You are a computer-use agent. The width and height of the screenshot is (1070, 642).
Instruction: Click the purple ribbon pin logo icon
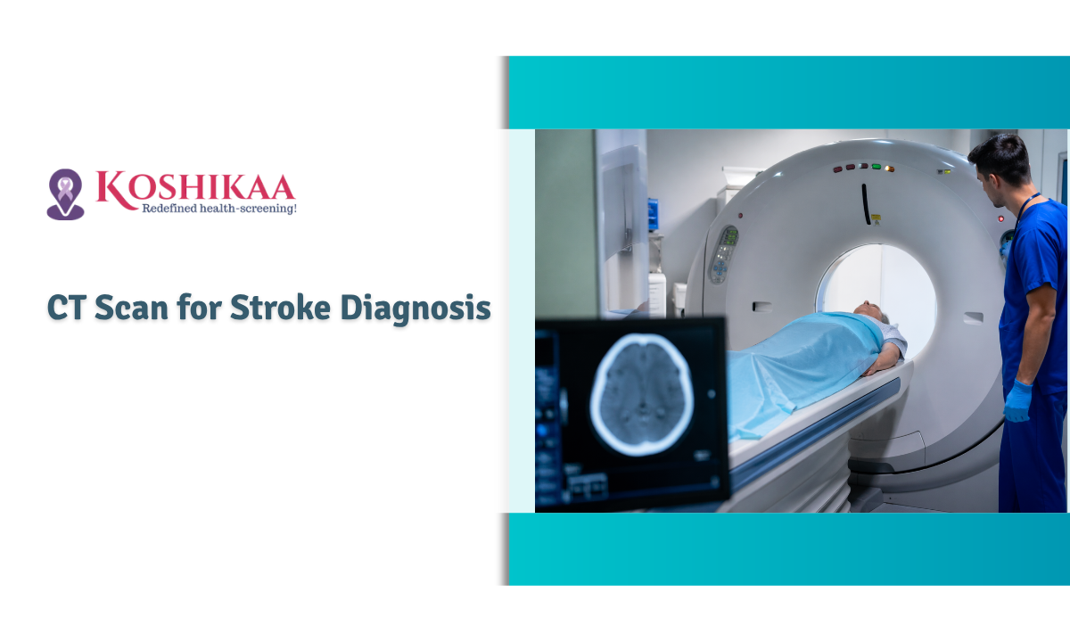(65, 193)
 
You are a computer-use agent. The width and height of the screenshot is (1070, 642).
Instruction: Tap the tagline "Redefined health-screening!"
(218, 208)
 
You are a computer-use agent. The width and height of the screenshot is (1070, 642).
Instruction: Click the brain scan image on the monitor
(640, 392)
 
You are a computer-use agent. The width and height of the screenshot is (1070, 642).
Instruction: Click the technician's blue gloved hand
(1017, 401)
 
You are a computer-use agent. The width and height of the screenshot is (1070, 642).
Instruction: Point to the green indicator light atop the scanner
(877, 167)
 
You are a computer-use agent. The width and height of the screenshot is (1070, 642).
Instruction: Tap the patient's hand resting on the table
(884, 362)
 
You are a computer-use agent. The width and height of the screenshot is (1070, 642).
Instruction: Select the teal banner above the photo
(785, 92)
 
